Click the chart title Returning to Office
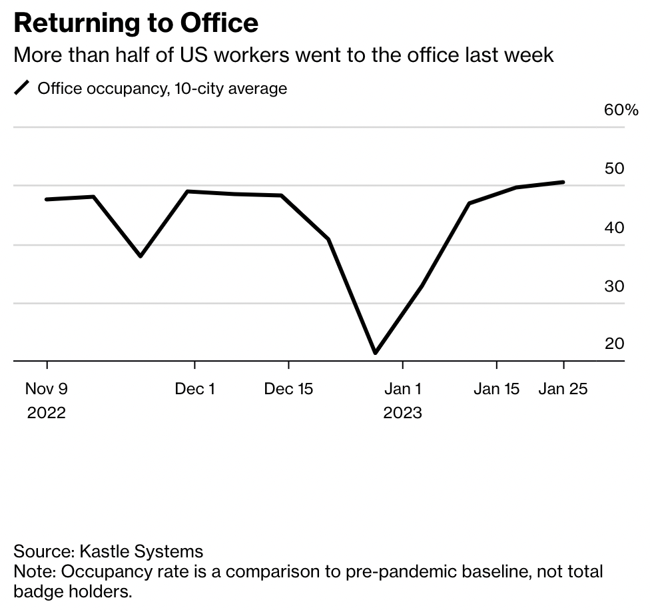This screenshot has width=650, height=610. (136, 24)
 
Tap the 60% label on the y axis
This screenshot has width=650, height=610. (621, 110)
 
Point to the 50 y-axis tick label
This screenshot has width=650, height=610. (614, 168)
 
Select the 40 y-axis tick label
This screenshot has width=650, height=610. (614, 228)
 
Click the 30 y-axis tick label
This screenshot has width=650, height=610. (614, 286)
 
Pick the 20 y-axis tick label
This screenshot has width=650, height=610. (614, 344)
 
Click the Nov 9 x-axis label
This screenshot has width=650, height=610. (47, 389)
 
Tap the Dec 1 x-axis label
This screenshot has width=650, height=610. (194, 389)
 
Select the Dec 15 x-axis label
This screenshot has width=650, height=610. (288, 389)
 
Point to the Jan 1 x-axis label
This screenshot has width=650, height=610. (402, 389)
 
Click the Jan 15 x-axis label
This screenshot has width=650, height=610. (496, 389)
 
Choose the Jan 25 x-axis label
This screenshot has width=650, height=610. (563, 389)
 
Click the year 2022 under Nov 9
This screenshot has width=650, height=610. (47, 413)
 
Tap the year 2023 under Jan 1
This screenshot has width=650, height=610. (402, 413)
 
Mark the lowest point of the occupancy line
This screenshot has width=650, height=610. (376, 352)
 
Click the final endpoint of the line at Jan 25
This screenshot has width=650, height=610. (563, 182)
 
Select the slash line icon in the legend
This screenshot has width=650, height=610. (23, 88)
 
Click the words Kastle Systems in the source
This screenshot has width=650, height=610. (141, 551)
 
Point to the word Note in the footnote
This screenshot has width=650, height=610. (33, 571)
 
